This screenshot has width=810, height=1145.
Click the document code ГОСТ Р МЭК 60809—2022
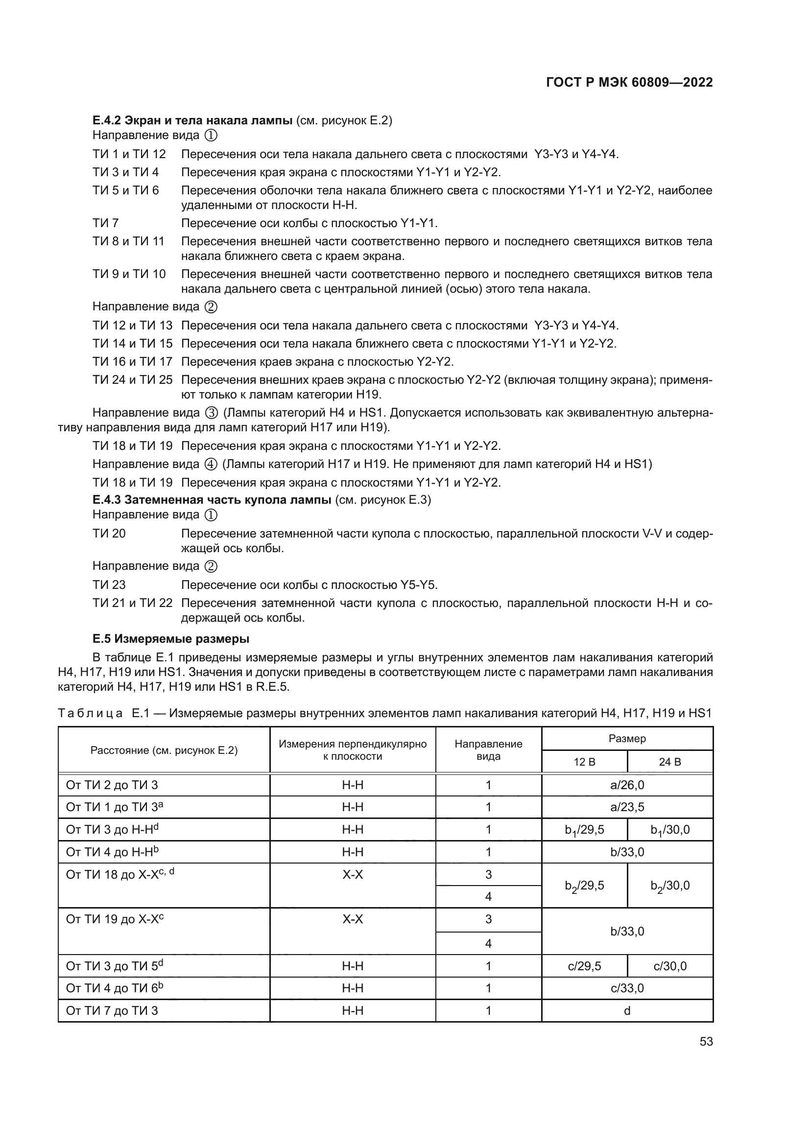629,83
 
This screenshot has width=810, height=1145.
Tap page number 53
706,1042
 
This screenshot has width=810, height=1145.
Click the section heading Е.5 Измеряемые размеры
170,639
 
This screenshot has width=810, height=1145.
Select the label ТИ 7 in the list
105,223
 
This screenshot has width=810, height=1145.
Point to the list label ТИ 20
109,534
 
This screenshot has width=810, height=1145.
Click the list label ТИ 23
109,584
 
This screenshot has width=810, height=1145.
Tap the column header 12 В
584,762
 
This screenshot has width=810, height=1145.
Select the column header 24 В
669,762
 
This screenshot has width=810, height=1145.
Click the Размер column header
627,739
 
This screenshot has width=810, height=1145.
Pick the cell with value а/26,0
627,785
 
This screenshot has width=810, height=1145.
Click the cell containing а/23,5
627,807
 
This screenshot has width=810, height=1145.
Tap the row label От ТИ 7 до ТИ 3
112,1011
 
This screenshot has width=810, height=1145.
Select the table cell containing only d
627,1011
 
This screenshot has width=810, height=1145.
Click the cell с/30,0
669,966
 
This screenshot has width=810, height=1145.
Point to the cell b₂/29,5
584,886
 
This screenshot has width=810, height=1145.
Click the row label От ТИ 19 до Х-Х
115,919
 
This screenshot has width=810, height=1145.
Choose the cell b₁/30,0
669,830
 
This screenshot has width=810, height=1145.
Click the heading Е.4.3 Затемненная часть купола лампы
212,500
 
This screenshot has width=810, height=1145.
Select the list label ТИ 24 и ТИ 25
132,380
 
